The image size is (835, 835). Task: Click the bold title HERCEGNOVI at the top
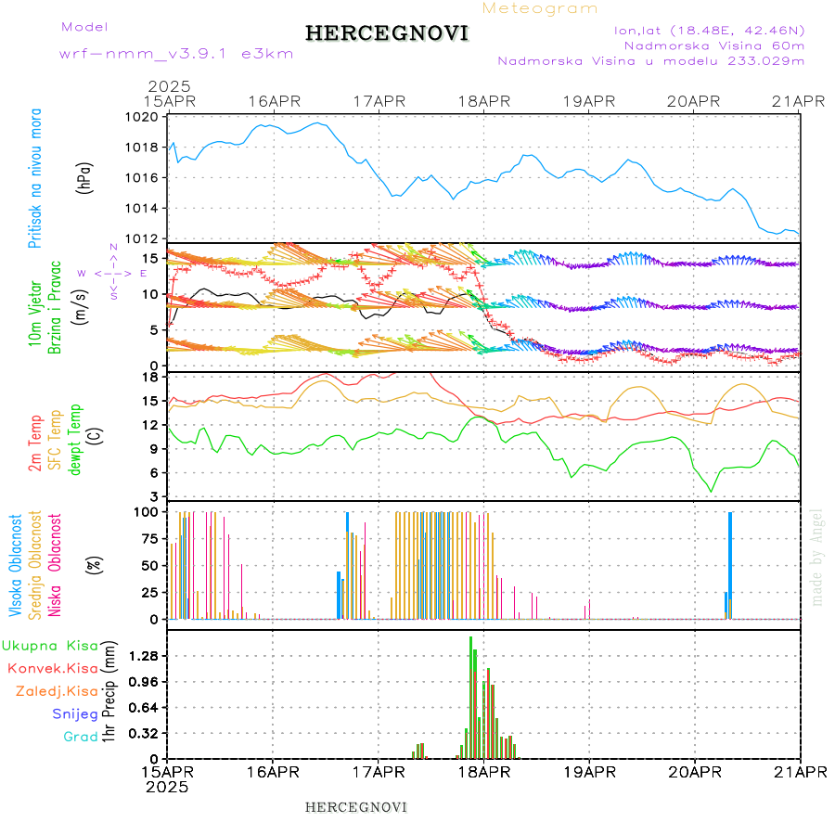pos(387,33)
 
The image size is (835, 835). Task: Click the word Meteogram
pos(540,8)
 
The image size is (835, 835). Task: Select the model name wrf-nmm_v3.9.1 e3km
pos(176,53)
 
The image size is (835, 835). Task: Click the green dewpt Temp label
pos(75,438)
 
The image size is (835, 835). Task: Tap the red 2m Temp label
pos(35,444)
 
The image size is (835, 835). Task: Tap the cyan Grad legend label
pos(81,737)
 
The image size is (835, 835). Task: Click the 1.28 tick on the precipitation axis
pos(142,655)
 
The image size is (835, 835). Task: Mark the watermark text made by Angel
pos(817,557)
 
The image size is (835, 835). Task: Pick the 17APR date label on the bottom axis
pos(379,770)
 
